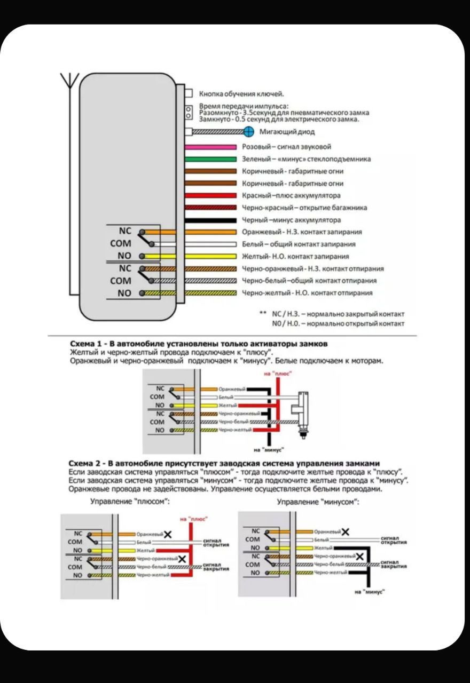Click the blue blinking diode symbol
[x=248, y=132]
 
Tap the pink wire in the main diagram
[x=210, y=147]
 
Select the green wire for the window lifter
[x=210, y=159]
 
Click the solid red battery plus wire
[x=210, y=196]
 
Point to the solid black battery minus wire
[x=210, y=220]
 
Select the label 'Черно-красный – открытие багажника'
[x=304, y=208]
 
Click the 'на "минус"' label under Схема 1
[x=269, y=449]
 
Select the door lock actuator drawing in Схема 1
[x=303, y=408]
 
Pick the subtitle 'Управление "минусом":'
[x=318, y=502]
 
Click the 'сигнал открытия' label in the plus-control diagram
[x=216, y=543]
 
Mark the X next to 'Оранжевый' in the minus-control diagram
[x=346, y=531]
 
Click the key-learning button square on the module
[x=189, y=93]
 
